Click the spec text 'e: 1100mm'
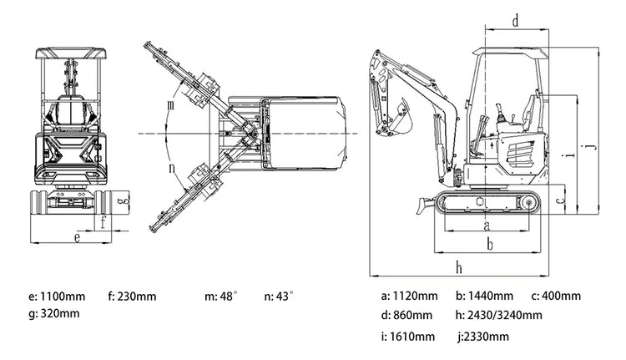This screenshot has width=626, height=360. (58, 296)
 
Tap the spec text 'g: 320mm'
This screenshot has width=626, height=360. (54, 313)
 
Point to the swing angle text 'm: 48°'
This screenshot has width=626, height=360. (221, 296)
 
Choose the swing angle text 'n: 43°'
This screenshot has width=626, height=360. (279, 296)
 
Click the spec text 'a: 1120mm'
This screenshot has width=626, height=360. (409, 296)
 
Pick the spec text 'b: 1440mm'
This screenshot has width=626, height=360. (484, 296)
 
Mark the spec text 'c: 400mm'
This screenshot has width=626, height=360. (555, 296)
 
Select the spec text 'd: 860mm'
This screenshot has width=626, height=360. (407, 315)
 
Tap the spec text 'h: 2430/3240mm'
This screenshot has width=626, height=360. (498, 315)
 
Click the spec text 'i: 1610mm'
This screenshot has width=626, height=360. (407, 337)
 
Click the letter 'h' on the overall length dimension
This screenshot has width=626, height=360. (460, 266)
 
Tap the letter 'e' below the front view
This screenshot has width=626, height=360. (76, 237)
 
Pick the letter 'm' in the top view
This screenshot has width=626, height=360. (170, 106)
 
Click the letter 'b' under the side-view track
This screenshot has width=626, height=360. (490, 243)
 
